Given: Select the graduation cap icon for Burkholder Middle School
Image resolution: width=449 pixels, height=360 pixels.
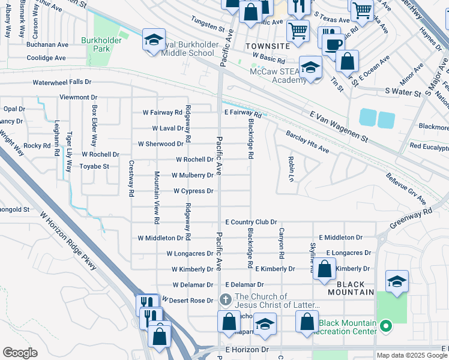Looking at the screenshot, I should point(153,41).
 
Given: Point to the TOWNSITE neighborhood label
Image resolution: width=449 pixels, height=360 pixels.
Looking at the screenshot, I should point(268,46).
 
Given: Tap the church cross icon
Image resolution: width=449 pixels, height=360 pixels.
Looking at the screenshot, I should point(225,299).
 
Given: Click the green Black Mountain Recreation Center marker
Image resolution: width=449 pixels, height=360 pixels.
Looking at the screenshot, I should point(387,327).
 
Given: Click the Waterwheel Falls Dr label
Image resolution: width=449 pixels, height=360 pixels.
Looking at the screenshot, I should point(62,82).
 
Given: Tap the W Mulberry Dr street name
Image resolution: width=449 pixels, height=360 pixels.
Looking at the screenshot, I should point(192,176).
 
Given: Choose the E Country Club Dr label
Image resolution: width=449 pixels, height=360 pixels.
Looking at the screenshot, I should point(250,222).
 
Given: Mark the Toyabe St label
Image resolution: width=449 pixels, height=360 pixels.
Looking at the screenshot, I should point(94,166).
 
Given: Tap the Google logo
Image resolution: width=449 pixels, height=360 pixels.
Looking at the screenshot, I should point(20,353).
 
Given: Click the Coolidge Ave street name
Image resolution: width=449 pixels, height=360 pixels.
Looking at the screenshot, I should point(46,58).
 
